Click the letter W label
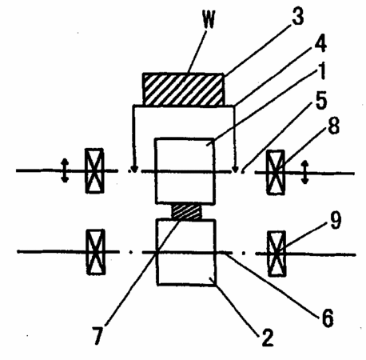tap(209, 19)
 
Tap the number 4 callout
tap(320, 42)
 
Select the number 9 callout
tap(335, 221)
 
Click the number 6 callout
tap(328, 318)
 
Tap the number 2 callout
tap(268, 337)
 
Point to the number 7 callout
tap(97, 335)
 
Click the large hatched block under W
tap(183, 89)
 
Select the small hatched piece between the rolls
tap(186, 211)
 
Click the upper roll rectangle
tap(185, 171)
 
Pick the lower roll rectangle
tap(186, 252)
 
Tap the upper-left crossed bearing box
tap(94, 170)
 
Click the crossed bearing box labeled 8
tap(276, 173)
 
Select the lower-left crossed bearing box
tap(96, 252)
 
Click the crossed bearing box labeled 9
tap(277, 254)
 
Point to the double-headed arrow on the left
tap(65, 170)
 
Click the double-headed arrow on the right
tap(305, 172)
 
